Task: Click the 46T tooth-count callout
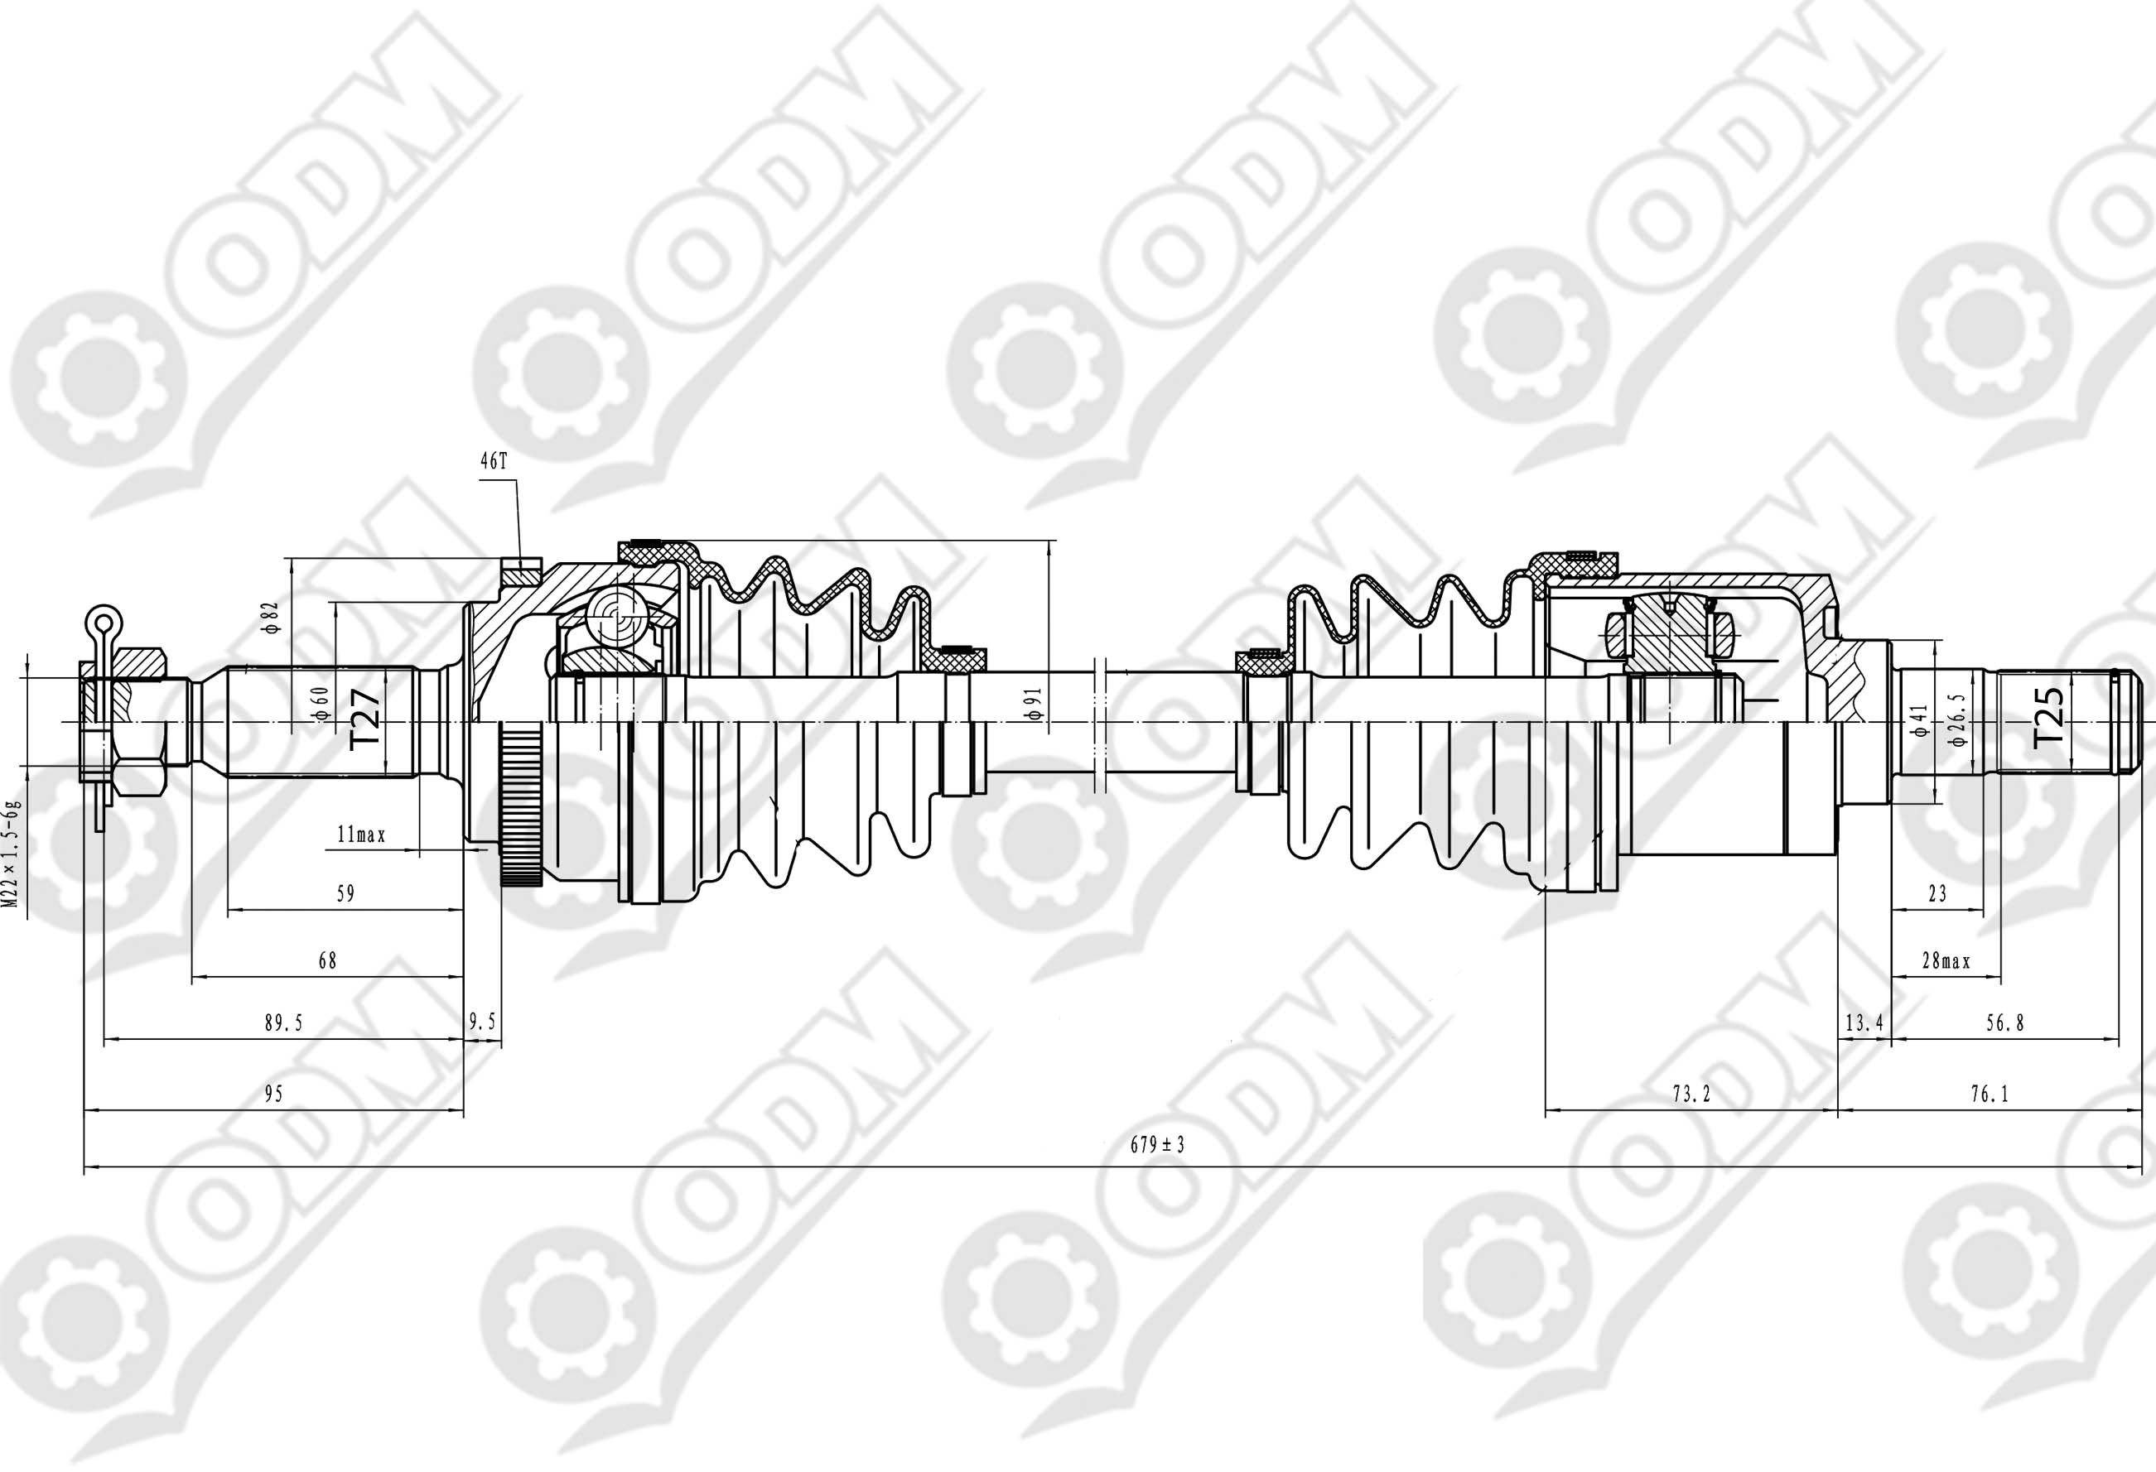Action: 494,462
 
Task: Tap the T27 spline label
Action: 364,717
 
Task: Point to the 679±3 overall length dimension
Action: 1157,1145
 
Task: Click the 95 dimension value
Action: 273,1094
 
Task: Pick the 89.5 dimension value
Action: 284,1023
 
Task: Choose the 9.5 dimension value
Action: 482,1022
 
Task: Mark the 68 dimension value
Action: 326,960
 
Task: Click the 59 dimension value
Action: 345,893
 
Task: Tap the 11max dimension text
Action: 361,835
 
